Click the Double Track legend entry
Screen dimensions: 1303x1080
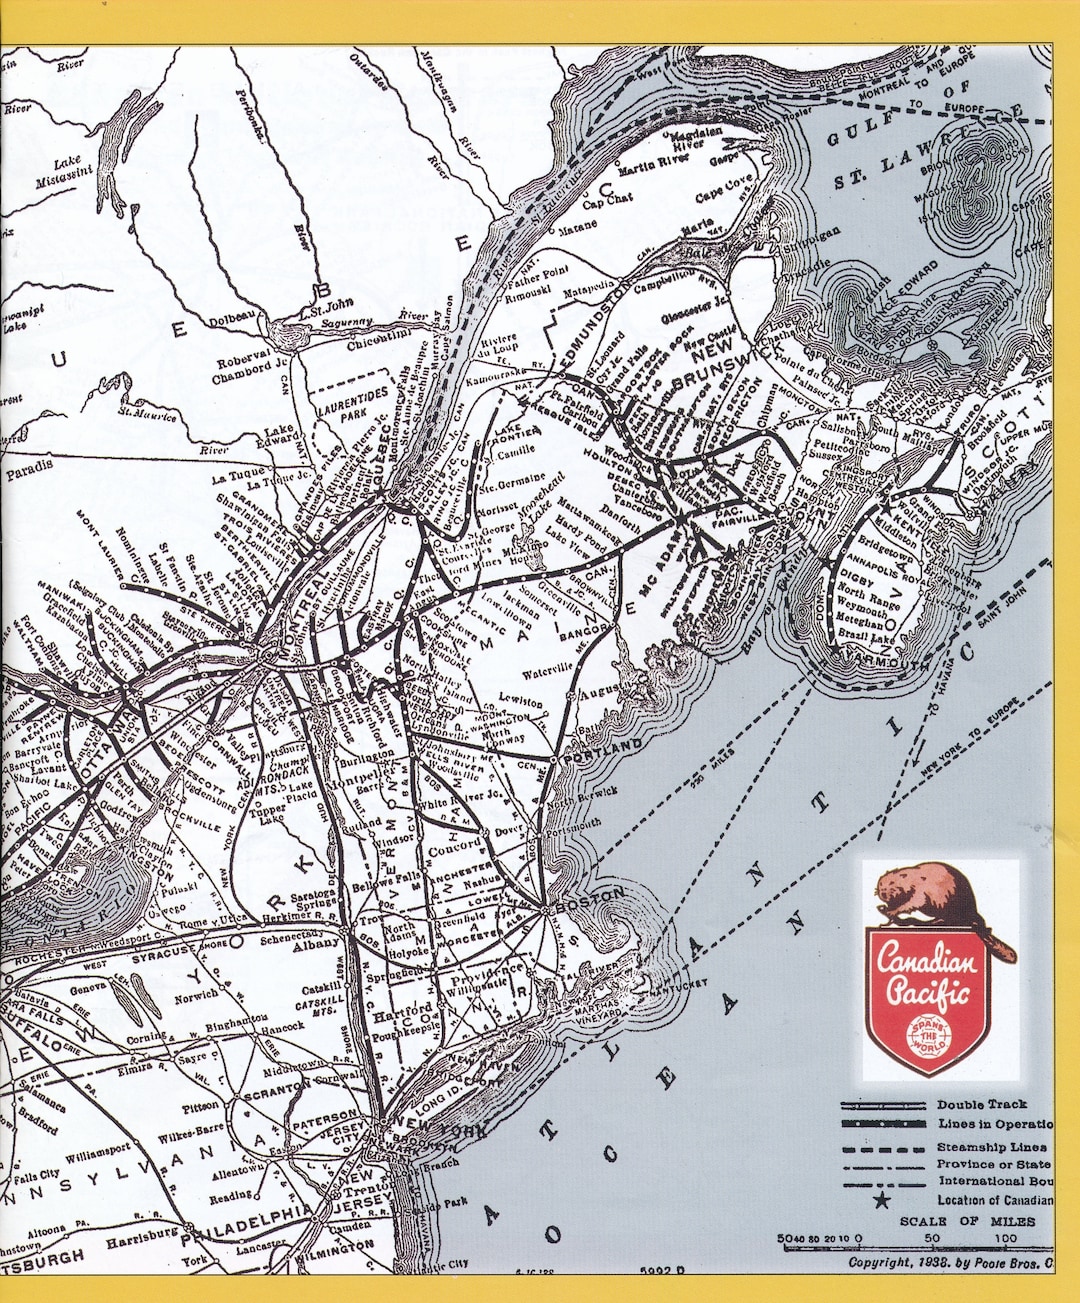(981, 1104)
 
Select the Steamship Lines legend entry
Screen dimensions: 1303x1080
(991, 1147)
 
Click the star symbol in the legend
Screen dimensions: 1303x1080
(881, 1200)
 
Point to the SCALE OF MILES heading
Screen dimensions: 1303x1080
(952, 1221)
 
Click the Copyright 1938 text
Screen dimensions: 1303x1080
(950, 1262)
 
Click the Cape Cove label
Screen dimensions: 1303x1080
(724, 187)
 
